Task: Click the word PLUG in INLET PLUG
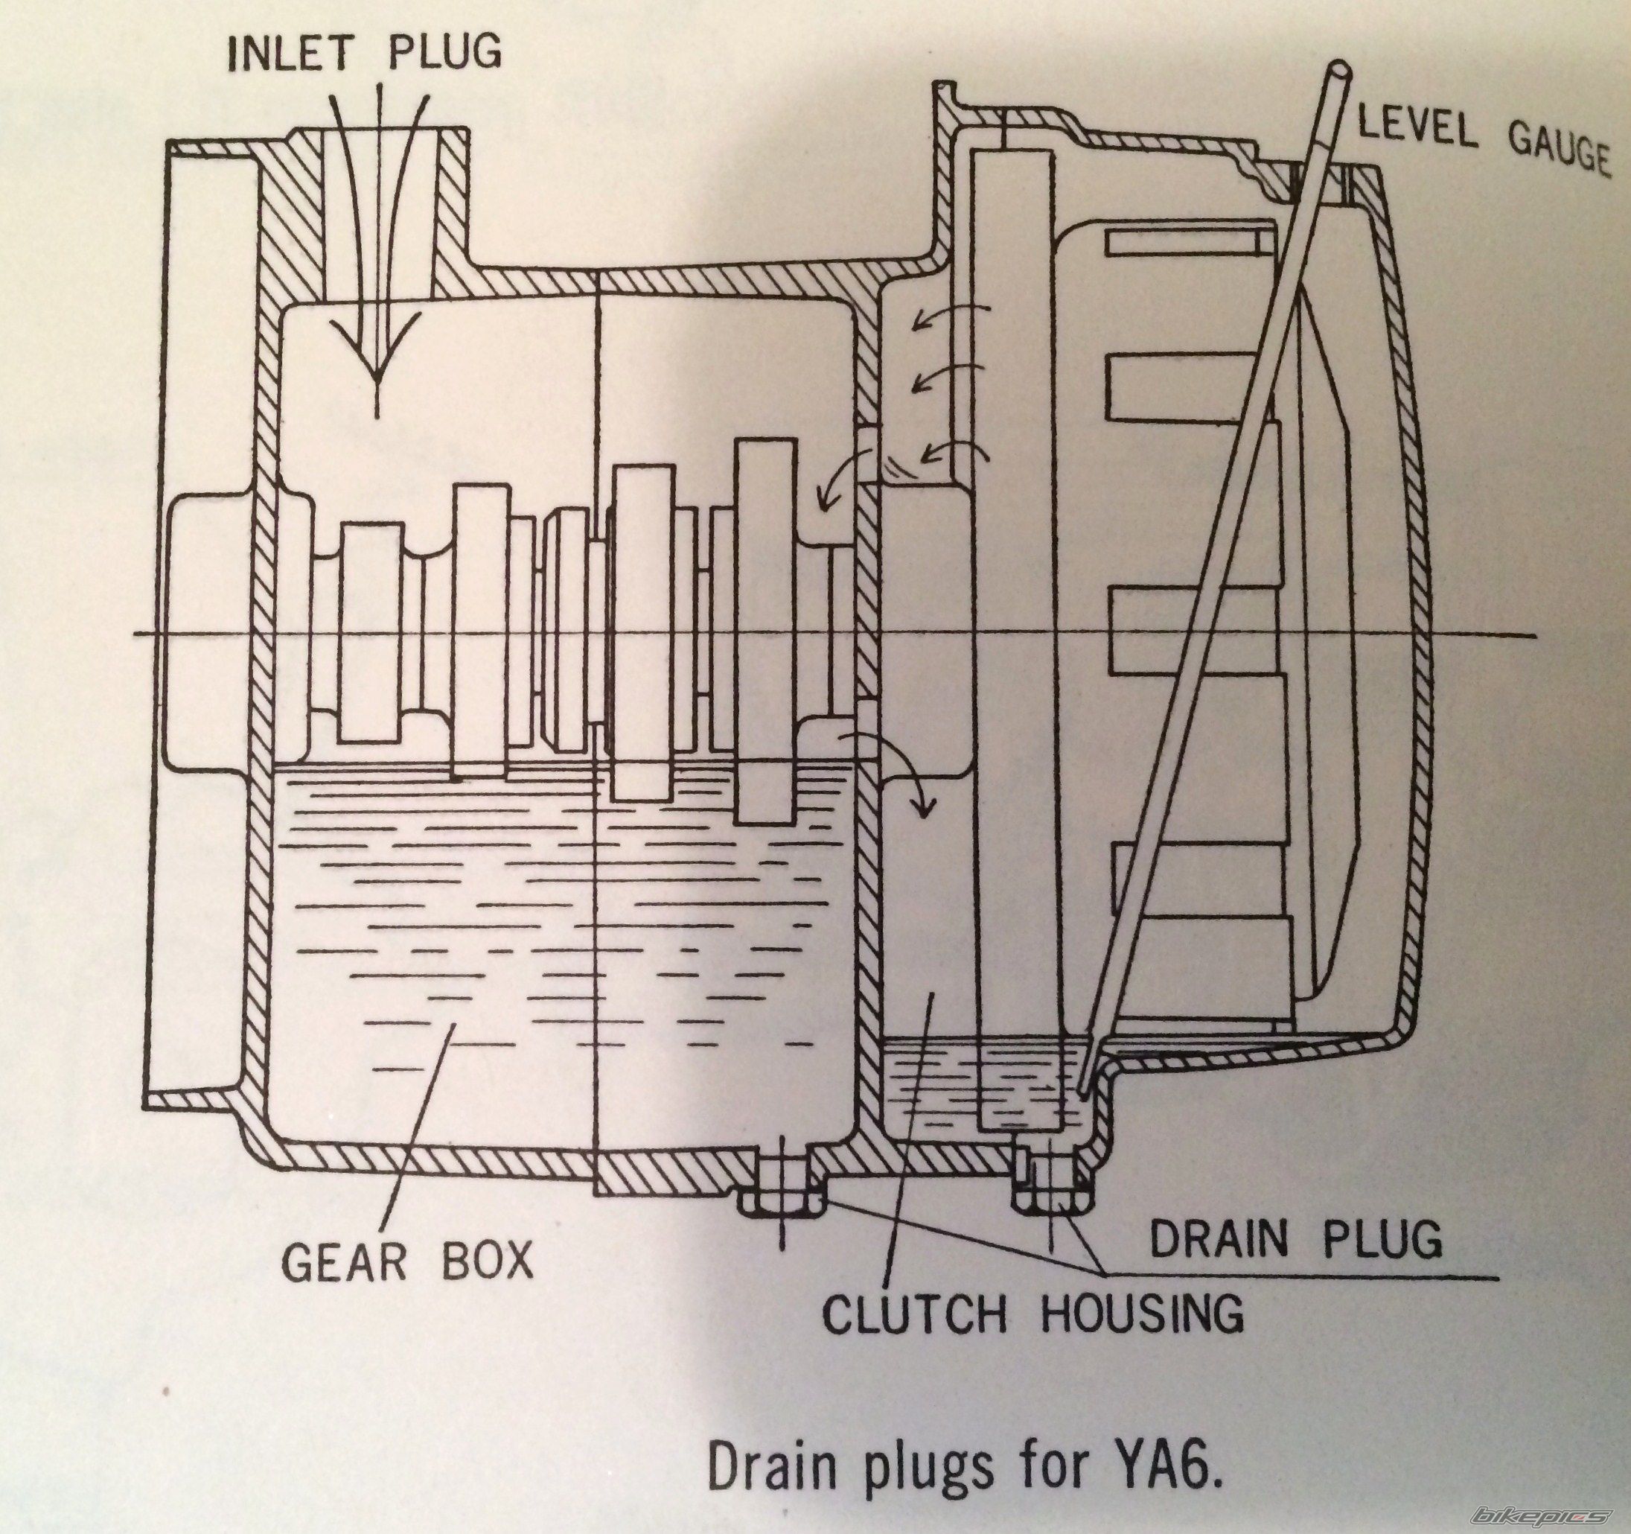click(442, 51)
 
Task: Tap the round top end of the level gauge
click(1343, 69)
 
